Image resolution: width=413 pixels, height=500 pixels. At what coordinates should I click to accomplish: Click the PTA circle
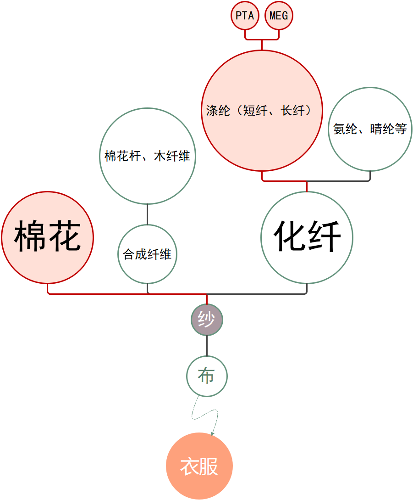point(245,16)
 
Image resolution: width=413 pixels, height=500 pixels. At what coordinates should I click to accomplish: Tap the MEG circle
point(279,16)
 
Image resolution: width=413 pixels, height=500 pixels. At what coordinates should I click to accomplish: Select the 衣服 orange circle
point(199,466)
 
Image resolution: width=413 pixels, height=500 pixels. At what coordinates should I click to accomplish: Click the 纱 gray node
point(207,320)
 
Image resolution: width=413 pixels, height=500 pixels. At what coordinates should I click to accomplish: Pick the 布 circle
point(207,376)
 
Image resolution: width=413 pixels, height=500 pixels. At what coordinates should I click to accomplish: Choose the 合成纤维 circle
point(147,254)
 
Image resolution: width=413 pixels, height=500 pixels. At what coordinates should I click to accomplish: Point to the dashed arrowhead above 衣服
point(212,433)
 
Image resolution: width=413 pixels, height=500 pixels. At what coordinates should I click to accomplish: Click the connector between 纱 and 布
point(207,346)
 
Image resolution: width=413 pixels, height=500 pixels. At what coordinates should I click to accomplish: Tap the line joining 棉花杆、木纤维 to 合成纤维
point(147,214)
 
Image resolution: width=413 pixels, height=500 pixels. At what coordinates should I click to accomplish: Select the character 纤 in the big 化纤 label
point(325,236)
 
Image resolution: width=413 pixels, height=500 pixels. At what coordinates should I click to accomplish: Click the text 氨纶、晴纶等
point(370,129)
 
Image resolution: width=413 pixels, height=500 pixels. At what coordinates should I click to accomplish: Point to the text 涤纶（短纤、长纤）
point(259,111)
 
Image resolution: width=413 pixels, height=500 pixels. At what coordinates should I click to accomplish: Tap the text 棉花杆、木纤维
point(147,156)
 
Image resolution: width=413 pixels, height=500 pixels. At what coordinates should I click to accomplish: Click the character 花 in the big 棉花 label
point(65,236)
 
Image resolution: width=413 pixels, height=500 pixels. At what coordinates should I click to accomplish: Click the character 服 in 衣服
point(209,466)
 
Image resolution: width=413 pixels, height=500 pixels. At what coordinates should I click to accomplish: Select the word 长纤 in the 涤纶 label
point(293,111)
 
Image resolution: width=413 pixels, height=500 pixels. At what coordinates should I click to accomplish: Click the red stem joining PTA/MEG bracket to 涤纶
point(262,45)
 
